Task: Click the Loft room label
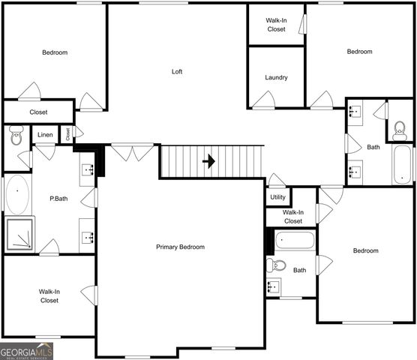pos(177,72)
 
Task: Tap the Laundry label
pos(276,77)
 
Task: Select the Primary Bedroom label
pos(180,247)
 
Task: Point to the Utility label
pos(277,197)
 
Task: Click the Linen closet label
pos(46,136)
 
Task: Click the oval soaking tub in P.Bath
pos(17,195)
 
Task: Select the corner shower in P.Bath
pos(21,234)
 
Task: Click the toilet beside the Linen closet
pos(16,136)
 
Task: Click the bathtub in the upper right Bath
pos(402,163)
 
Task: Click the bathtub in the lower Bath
pos(295,241)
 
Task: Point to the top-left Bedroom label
pos(55,52)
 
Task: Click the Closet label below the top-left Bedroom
pos(38,112)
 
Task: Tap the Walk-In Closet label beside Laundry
pos(276,25)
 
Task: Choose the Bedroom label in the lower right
pos(366,250)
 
